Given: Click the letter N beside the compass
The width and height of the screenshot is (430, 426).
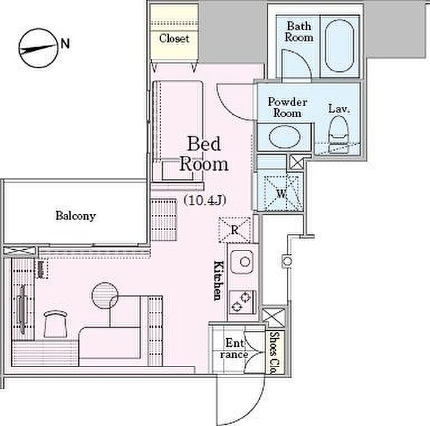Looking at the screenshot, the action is click(x=65, y=44).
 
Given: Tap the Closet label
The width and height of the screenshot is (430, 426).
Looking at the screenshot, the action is click(x=174, y=38).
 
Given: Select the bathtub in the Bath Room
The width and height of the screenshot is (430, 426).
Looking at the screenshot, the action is click(x=339, y=46).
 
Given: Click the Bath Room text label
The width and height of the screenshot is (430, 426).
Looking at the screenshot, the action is click(x=299, y=32).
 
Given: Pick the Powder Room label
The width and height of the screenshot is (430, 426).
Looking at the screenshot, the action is click(x=287, y=107).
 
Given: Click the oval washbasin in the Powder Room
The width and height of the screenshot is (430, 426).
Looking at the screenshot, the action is click(x=284, y=136).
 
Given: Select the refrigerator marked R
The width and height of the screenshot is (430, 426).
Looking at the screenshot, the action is click(x=235, y=230).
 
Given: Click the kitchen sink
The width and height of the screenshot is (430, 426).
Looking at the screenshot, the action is click(x=242, y=261).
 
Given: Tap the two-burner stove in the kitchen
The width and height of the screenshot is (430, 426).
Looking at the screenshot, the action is click(x=243, y=302).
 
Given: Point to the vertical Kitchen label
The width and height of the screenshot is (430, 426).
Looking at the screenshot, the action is click(x=219, y=281).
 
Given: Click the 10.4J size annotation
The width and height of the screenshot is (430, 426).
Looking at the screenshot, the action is click(x=205, y=201).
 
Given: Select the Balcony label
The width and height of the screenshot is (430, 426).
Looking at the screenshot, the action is click(x=76, y=216).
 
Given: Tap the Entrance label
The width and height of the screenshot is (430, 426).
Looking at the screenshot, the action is click(x=234, y=349).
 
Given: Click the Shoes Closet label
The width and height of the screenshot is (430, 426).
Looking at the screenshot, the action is click(x=273, y=353).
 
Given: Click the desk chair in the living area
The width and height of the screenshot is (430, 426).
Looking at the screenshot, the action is click(x=55, y=324).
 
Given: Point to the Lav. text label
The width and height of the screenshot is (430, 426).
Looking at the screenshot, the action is click(x=339, y=109).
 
